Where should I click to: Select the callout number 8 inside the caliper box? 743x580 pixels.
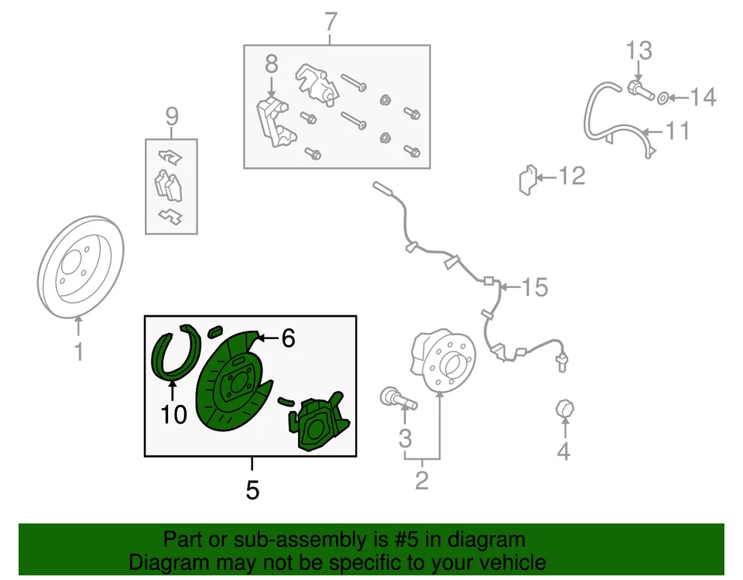(x=271, y=66)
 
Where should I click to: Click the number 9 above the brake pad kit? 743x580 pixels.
(x=171, y=117)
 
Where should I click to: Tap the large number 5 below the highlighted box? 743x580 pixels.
(x=252, y=489)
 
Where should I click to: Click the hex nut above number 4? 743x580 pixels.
(x=564, y=408)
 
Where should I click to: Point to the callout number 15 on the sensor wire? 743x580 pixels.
(x=535, y=288)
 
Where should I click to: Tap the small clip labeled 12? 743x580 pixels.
(x=528, y=180)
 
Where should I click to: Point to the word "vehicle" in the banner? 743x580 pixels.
(x=507, y=561)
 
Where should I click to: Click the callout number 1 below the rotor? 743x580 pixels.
(x=77, y=352)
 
